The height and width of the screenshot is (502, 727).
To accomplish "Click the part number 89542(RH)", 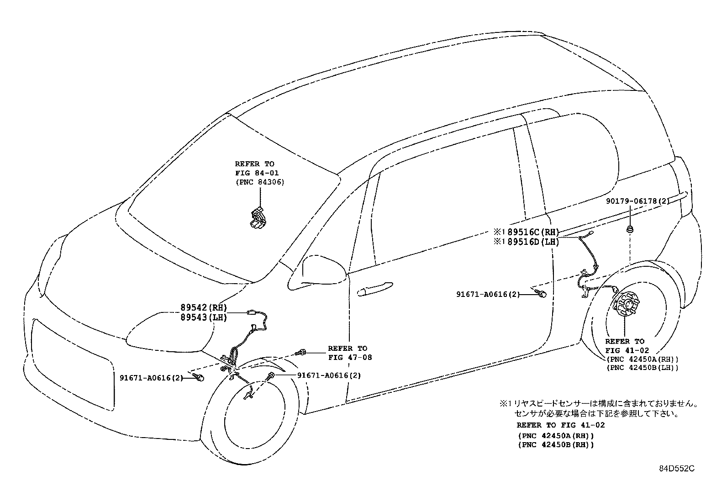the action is pos(204,307).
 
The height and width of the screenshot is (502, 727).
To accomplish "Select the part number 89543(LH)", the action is pos(204,317).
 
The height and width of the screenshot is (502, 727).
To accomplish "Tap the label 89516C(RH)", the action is pos(533,232).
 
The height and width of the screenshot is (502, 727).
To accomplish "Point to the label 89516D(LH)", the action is pos(533,242).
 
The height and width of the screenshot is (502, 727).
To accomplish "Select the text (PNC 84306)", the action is pos(260,182).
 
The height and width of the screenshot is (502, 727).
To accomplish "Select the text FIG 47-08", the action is pos(350,358).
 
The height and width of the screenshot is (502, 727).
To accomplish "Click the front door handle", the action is pos(375,289).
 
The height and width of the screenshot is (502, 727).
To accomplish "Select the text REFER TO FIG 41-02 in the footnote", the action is pos(560,425).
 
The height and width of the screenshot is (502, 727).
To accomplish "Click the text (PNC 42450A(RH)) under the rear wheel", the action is pos(643,359).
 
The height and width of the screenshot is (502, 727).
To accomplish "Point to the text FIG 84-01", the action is pos(257,173).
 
